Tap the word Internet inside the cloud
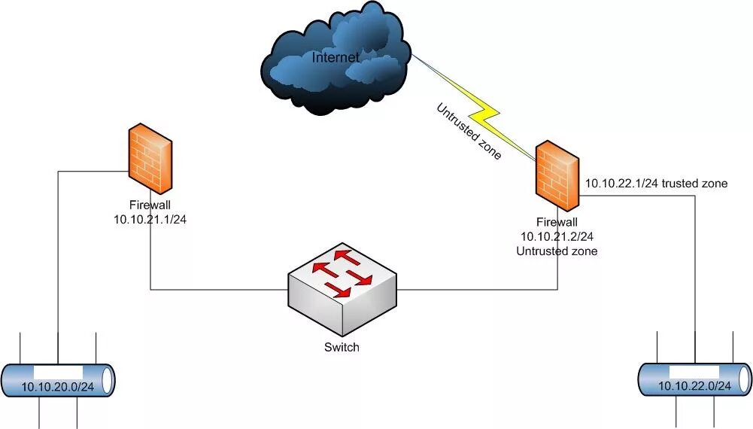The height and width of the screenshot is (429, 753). [336, 56]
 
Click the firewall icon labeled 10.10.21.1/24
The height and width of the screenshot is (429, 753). [150, 157]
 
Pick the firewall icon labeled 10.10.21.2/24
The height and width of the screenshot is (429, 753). [557, 175]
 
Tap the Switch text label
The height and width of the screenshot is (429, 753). [342, 347]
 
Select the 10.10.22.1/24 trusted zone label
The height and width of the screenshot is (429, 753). [657, 183]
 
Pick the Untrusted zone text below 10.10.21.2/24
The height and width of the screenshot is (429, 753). [557, 251]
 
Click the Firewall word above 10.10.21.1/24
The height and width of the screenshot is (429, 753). [150, 203]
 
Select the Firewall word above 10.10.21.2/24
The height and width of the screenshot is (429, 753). [557, 222]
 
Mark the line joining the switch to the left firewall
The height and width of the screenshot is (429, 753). [218, 289]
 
